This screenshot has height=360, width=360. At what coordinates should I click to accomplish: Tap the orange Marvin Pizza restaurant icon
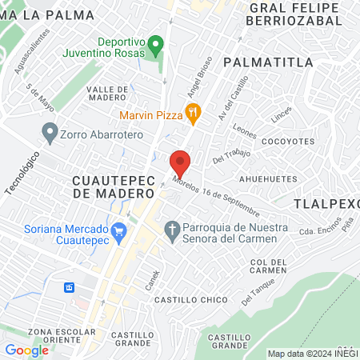coord(192,114)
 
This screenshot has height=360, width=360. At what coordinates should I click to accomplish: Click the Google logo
coord(26,350)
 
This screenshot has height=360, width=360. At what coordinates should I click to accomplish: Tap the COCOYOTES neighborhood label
coord(288,141)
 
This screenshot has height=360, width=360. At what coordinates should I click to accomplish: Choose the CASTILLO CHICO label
coord(182,299)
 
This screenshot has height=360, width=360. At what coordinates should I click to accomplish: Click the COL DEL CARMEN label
coord(269,266)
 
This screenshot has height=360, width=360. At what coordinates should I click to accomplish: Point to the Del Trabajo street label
coord(232,154)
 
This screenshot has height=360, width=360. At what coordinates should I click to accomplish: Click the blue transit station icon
coord(70,286)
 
